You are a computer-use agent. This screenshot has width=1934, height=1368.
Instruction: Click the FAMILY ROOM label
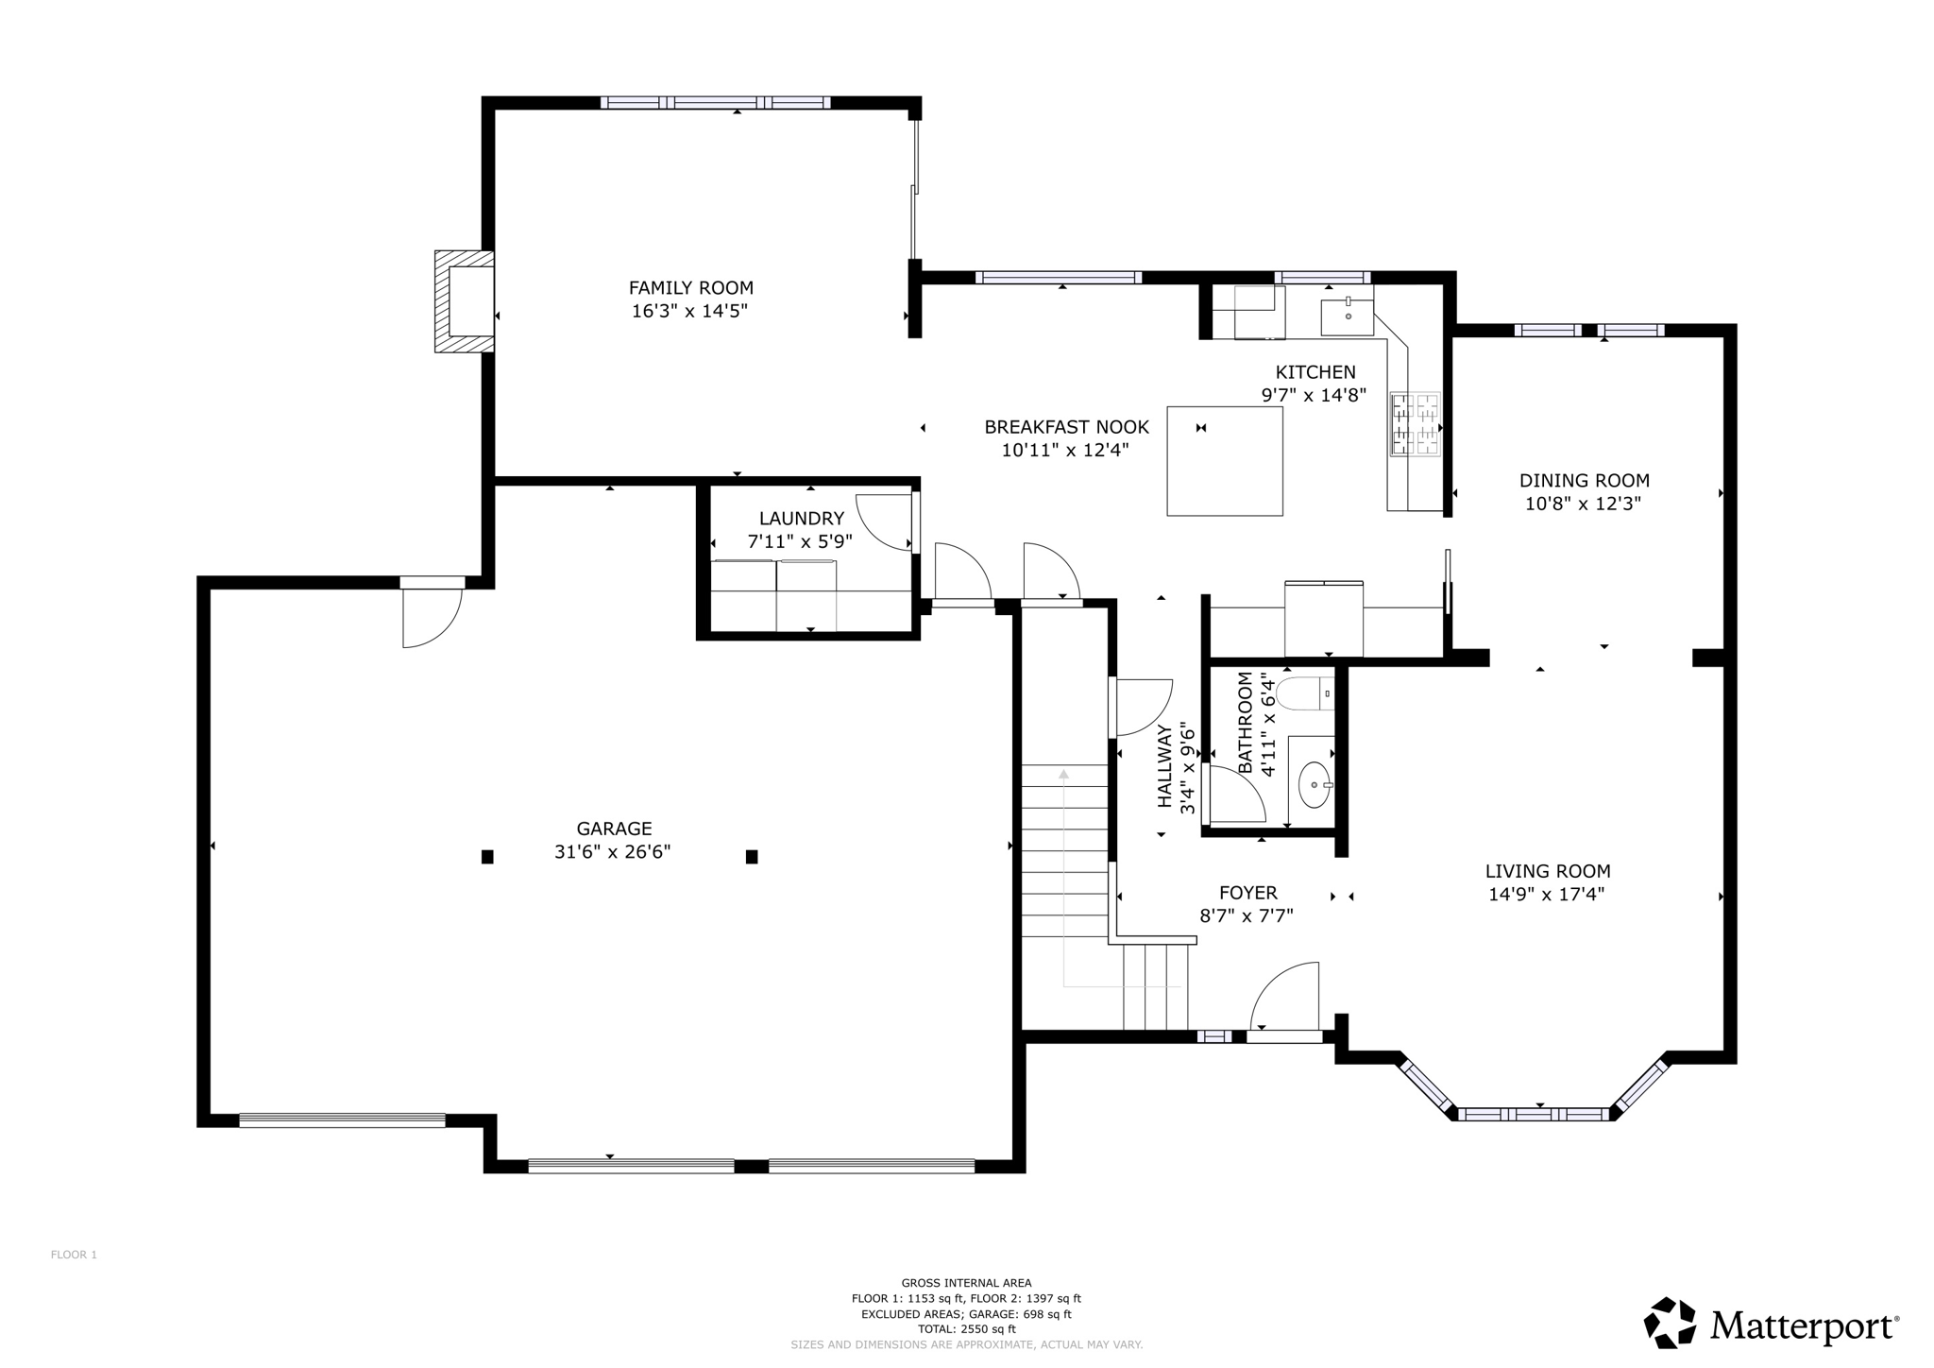click(690, 288)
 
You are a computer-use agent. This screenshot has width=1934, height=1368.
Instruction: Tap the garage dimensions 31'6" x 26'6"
click(612, 852)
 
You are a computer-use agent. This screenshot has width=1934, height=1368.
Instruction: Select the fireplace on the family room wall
click(465, 301)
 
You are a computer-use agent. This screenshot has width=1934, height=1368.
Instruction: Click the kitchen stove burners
click(1415, 424)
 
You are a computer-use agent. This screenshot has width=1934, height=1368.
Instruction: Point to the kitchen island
click(1225, 461)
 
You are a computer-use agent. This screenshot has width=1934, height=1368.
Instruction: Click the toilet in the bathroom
click(1304, 693)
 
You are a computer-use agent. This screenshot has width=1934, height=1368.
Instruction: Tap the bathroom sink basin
click(1314, 784)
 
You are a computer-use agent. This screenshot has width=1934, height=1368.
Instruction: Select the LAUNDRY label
click(802, 519)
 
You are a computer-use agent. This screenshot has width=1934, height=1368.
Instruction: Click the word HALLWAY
click(1165, 766)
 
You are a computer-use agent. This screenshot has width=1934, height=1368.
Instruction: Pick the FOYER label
click(1247, 893)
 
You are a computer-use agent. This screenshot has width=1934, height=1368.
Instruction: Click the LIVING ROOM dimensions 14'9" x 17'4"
click(1547, 895)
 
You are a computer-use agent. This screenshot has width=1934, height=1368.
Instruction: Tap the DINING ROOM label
click(1584, 481)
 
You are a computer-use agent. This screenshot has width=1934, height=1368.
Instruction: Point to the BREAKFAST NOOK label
click(1066, 427)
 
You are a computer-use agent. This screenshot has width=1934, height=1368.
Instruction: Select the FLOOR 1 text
click(74, 1255)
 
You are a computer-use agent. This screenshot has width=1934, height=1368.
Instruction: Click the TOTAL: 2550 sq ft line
click(966, 1328)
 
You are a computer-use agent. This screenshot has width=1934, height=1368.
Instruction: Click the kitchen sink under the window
click(1348, 316)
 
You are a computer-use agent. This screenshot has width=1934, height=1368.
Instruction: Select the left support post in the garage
click(487, 857)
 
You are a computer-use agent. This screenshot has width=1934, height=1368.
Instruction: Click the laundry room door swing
click(884, 522)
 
